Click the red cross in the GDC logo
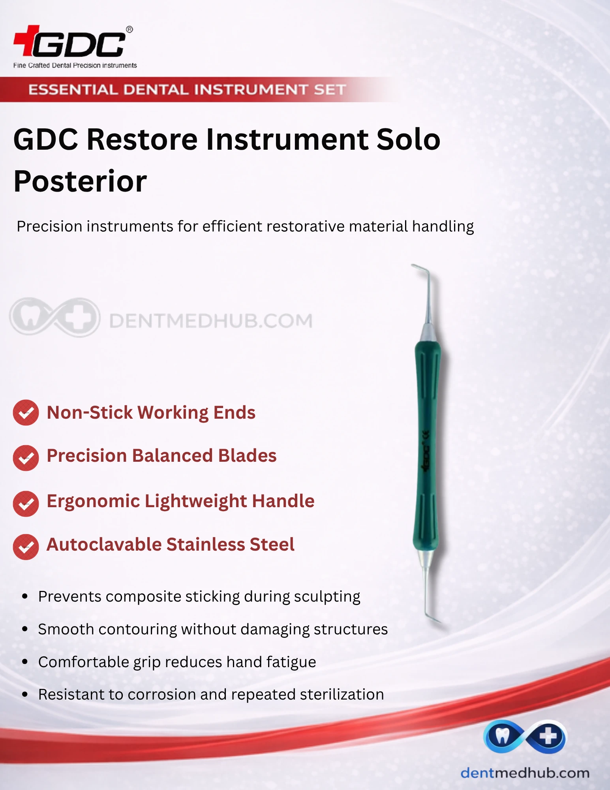pyautogui.click(x=27, y=40)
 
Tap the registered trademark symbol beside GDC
pyautogui.click(x=130, y=30)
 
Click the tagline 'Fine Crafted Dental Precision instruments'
pyautogui.click(x=75, y=66)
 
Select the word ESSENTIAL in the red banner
pyautogui.click(x=73, y=90)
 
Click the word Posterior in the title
pyautogui.click(x=80, y=181)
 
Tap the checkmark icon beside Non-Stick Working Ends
pyautogui.click(x=26, y=413)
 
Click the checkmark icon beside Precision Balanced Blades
pyautogui.click(x=26, y=458)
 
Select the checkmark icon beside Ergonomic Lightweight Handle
pyautogui.click(x=26, y=504)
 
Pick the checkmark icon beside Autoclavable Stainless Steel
pyautogui.click(x=26, y=547)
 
